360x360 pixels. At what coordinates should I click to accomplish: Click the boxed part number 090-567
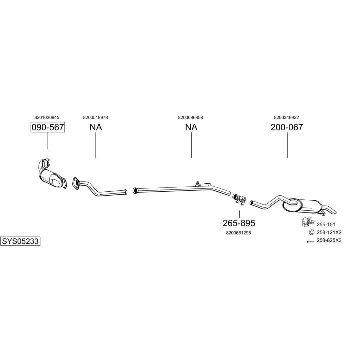pos(48,127)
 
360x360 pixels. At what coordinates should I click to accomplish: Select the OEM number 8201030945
pos(47,117)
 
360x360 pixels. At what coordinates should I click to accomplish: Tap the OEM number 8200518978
pos(95,117)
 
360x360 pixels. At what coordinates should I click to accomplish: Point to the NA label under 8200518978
pos(95,127)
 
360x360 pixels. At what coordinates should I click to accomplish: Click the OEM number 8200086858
pos(190,117)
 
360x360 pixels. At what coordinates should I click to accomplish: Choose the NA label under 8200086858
pos(191,127)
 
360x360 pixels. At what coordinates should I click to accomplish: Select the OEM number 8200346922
pos(286,117)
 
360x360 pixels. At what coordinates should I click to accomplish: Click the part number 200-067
pos(287,127)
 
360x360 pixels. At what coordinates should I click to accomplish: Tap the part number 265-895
pos(239,223)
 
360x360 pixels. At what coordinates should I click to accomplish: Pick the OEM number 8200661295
pos(239,232)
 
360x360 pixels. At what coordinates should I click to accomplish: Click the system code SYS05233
pos(20,241)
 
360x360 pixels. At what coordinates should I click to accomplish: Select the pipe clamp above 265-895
pos(238,199)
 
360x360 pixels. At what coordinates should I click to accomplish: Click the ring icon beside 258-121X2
pos(311,232)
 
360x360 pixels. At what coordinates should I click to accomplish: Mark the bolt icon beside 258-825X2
pos(310,241)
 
